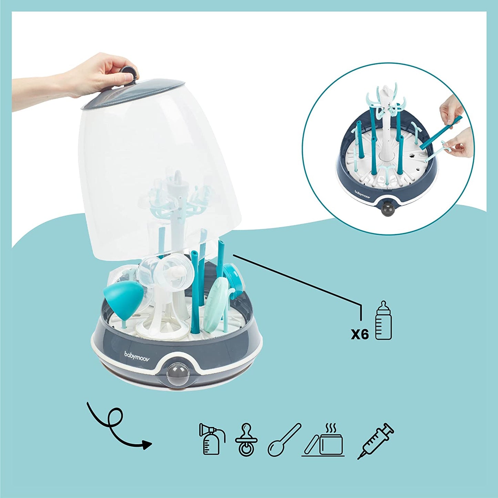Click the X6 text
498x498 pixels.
point(360,334)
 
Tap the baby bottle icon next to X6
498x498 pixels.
point(383,320)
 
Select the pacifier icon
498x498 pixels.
point(246,440)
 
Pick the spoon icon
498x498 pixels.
point(284,440)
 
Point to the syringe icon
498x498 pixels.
point(376,441)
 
